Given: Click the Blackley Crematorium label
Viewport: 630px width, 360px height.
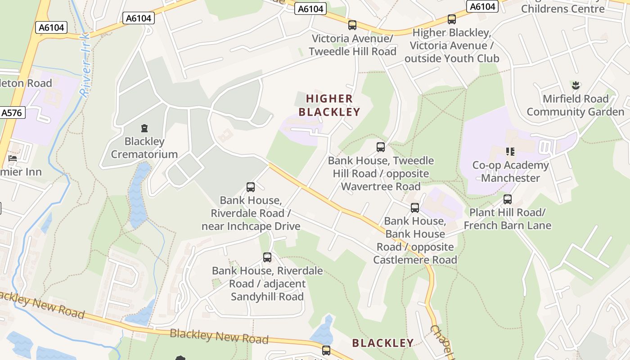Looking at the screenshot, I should [144, 148].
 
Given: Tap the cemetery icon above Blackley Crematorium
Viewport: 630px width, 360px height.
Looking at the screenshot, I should [144, 129].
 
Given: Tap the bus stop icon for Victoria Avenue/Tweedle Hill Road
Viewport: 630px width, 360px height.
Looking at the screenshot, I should [352, 25].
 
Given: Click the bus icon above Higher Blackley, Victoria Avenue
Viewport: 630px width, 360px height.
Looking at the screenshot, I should [451, 19].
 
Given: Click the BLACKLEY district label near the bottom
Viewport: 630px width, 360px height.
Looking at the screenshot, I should [383, 343].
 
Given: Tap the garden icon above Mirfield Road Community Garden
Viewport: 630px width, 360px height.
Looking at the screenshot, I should [575, 85].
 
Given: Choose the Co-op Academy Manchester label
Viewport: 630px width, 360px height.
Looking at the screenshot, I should [510, 171].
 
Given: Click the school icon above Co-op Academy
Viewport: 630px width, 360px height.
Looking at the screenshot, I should [510, 151].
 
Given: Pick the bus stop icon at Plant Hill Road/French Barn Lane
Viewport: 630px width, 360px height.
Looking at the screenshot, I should [508, 199].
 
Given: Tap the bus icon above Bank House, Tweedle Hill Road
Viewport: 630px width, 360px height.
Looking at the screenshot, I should [381, 147].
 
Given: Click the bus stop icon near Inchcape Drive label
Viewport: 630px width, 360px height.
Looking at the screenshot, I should [251, 187].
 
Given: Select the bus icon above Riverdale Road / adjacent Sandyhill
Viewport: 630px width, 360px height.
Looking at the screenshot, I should [267, 257].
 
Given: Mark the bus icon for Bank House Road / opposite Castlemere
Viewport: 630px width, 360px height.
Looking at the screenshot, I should [415, 207].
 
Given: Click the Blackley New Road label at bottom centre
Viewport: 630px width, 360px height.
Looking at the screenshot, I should [219, 336].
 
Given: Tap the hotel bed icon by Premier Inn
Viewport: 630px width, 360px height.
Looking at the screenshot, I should [13, 158].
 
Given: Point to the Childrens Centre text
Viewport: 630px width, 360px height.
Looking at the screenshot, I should [562, 8].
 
